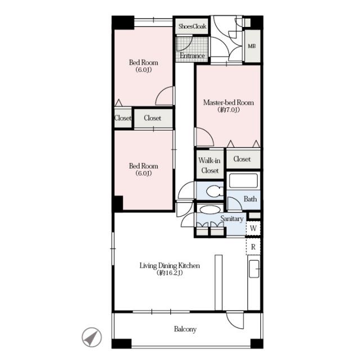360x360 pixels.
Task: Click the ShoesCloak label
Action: coord(192,26)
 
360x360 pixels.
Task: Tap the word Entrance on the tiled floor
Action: coord(192,56)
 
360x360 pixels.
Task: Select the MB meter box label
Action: coord(252,46)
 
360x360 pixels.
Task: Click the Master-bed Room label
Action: coord(228,102)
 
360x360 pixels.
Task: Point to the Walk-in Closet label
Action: coord(209,165)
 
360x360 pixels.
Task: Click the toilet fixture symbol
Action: coord(215,191)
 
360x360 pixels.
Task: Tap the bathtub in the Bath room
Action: coord(244,181)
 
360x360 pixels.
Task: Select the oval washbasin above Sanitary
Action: coord(210,210)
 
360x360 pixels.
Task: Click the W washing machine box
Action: coord(253,228)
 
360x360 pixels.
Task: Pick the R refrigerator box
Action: coord(253,247)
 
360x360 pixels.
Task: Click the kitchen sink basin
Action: coord(254,269)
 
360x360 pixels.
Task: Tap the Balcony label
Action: coord(185,329)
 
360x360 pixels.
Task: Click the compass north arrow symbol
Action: coord(92,337)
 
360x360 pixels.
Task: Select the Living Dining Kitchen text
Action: coord(170,265)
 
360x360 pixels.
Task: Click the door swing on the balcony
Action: coord(235,320)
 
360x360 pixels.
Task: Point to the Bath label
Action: coord(250,199)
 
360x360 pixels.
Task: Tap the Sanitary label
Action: coord(232,219)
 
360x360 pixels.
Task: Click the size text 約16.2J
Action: coord(170,273)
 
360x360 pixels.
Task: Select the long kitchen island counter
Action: coord(219,282)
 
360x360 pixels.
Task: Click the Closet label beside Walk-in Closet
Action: coord(242,159)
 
